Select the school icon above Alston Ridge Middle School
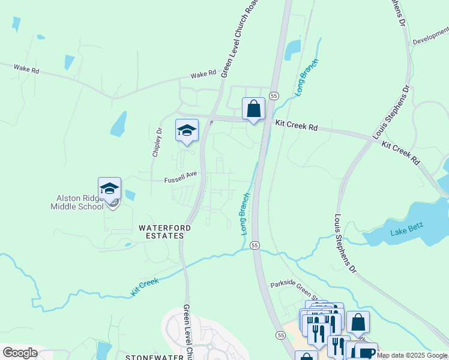click(110, 188)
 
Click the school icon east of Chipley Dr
click(187, 130)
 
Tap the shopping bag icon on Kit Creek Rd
click(254, 109)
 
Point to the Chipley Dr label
click(157, 142)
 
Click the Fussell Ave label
click(181, 175)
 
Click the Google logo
click(19, 353)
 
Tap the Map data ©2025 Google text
click(412, 355)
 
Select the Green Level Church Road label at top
click(235, 39)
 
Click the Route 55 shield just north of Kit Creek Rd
click(274, 95)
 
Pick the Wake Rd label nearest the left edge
click(26, 70)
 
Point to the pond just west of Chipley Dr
click(119, 124)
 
